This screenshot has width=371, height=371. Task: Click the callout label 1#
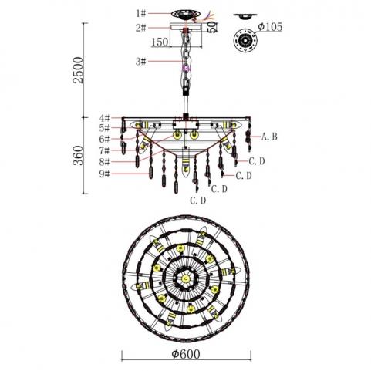click(x=141, y=13)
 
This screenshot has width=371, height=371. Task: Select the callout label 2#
click(x=141, y=28)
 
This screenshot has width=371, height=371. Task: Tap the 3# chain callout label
click(x=141, y=62)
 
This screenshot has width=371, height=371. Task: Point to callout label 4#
click(x=105, y=118)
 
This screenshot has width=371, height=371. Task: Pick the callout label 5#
click(x=105, y=128)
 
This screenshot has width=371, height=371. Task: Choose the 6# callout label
click(x=105, y=139)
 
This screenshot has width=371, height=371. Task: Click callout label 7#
click(x=105, y=150)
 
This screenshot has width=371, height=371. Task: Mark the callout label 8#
click(x=105, y=162)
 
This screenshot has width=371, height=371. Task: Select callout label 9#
click(x=105, y=174)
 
